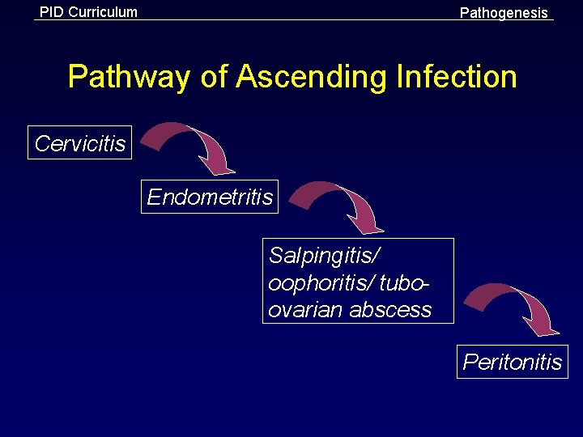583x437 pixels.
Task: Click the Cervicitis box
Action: (80, 143)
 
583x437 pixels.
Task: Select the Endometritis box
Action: (210, 197)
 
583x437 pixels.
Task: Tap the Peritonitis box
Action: (512, 361)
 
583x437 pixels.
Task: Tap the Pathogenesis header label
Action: (504, 13)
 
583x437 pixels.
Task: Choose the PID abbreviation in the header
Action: (53, 12)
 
